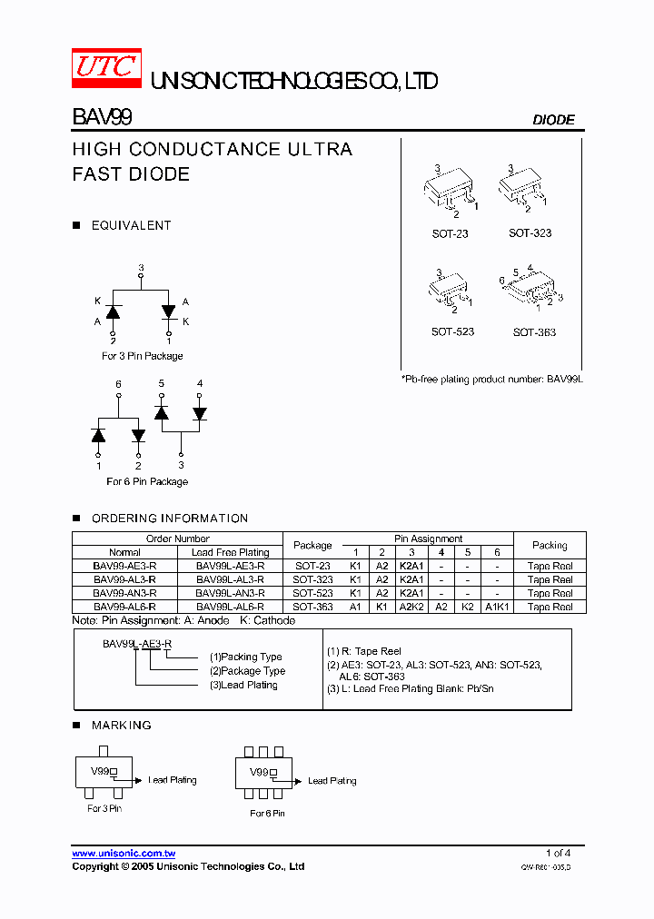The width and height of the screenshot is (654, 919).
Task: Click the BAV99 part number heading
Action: (x=102, y=118)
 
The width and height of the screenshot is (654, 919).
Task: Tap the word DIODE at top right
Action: (x=552, y=120)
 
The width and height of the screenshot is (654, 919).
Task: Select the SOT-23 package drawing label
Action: (x=450, y=233)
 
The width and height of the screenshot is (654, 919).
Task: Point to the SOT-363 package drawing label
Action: (x=534, y=332)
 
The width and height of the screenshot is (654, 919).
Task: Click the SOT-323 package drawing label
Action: (x=530, y=233)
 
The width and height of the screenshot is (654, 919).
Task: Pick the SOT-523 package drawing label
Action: (x=452, y=332)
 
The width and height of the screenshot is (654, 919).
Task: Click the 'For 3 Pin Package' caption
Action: (x=142, y=356)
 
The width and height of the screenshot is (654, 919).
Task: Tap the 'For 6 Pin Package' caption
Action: (x=147, y=481)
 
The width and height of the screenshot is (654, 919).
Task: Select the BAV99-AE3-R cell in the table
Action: (x=124, y=566)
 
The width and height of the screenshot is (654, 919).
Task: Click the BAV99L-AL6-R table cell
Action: (x=230, y=607)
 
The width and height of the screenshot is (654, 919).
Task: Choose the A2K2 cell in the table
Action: (x=411, y=607)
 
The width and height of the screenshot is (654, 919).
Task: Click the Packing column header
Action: (x=550, y=545)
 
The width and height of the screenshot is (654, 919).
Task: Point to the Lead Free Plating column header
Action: (x=230, y=552)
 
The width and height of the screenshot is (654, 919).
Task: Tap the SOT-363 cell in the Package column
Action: (x=312, y=607)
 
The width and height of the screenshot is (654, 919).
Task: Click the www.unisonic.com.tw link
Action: (x=124, y=854)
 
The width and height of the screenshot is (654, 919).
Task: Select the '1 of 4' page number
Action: (x=558, y=853)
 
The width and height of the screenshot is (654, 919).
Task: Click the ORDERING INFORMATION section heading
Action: (x=169, y=519)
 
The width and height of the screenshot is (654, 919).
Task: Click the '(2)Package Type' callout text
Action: (x=247, y=671)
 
